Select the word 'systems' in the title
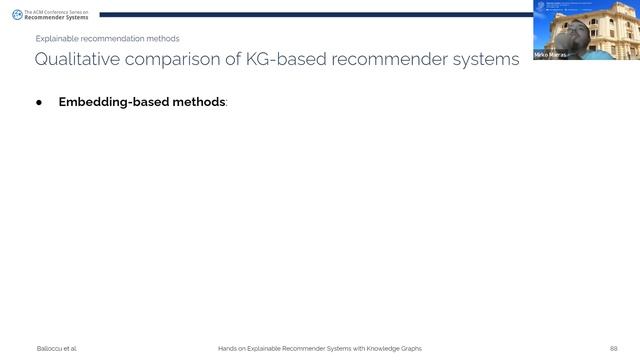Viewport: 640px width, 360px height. (x=483, y=60)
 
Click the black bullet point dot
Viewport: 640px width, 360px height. (x=41, y=103)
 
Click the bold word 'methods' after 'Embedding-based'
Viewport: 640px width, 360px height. (x=196, y=103)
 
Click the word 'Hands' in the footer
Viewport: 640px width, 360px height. (x=227, y=348)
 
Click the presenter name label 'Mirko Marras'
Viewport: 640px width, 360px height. (x=551, y=54)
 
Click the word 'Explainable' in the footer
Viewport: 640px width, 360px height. (x=265, y=348)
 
